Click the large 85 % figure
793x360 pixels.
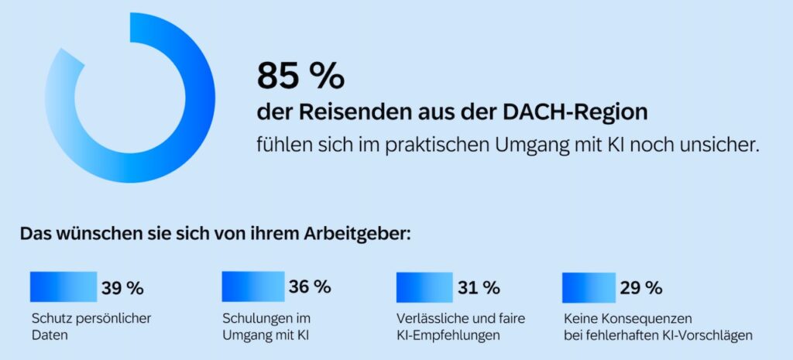pos(300,76)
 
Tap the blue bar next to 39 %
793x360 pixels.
pos(63,286)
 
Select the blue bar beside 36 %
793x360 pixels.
pos(252,286)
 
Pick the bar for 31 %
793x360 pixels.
pos(424,286)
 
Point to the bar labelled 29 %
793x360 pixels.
pos(589,286)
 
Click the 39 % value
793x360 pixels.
pos(122,289)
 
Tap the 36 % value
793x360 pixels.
pos(310,286)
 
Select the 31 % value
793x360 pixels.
pos(479,288)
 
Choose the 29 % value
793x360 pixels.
pos(640,288)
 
